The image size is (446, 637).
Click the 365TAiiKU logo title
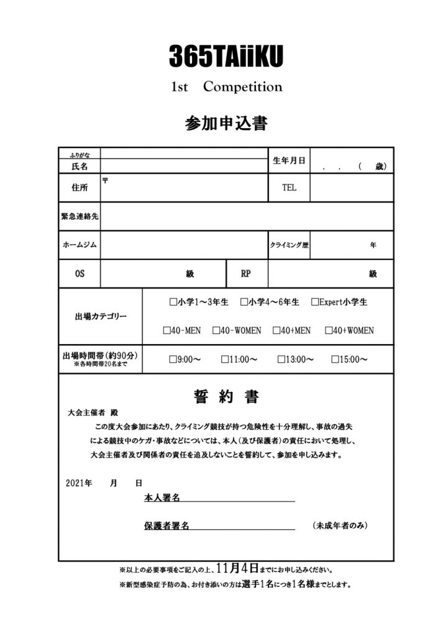point(226,57)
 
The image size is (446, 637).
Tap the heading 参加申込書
point(226,123)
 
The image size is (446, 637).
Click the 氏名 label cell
point(80,167)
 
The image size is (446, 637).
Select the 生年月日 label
point(289,160)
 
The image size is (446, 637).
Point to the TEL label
point(289,187)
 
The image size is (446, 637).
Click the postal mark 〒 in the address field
point(105,180)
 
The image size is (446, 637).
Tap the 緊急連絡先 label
point(80,216)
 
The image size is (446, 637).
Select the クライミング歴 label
point(289,245)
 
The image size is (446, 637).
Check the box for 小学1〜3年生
point(173,303)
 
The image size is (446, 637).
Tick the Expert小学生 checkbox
point(315,303)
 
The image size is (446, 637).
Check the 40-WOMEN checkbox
point(216,331)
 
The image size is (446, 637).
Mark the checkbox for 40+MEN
point(276,331)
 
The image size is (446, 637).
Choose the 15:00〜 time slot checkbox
point(335,360)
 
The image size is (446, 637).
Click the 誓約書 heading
point(226,396)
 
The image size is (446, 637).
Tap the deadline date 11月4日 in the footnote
point(238,568)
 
